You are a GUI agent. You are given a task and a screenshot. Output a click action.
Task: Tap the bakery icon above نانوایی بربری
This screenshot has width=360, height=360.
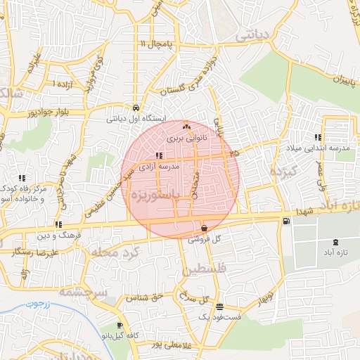click(186, 127)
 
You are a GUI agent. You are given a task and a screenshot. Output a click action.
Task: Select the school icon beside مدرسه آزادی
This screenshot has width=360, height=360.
click(159, 156)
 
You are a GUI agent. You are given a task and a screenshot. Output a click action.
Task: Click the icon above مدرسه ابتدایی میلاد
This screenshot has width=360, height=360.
click(318, 137)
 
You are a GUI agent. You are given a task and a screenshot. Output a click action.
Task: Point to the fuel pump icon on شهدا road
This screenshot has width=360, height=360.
click(285, 221)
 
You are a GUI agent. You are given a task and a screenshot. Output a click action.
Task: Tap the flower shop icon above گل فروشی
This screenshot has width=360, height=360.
click(204, 228)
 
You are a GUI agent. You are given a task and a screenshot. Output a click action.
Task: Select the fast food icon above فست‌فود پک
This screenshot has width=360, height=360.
click(220, 307)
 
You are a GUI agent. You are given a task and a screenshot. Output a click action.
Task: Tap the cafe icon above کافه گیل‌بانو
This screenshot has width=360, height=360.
click(120, 325)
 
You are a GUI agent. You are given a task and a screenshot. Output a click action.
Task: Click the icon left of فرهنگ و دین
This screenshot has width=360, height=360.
click(58, 224)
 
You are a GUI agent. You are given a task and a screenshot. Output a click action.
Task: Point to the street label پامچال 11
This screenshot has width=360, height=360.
click(156, 44)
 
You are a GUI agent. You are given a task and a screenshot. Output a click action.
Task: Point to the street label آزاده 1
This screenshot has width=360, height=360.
click(54, 83)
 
